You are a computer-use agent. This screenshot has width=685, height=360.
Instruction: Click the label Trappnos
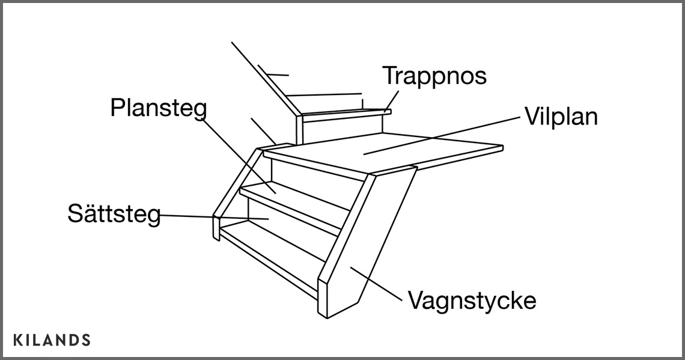point(434,76)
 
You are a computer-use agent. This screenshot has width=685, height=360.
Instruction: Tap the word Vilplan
point(561,117)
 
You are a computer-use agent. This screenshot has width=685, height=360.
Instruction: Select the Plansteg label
point(159,109)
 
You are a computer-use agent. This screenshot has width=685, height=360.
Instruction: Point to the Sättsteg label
point(114,214)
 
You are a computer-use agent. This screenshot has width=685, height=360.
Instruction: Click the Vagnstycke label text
point(472,300)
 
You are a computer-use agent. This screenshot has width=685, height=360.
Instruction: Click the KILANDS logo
point(52,340)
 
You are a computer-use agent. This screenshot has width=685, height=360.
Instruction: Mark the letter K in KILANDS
point(17,340)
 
